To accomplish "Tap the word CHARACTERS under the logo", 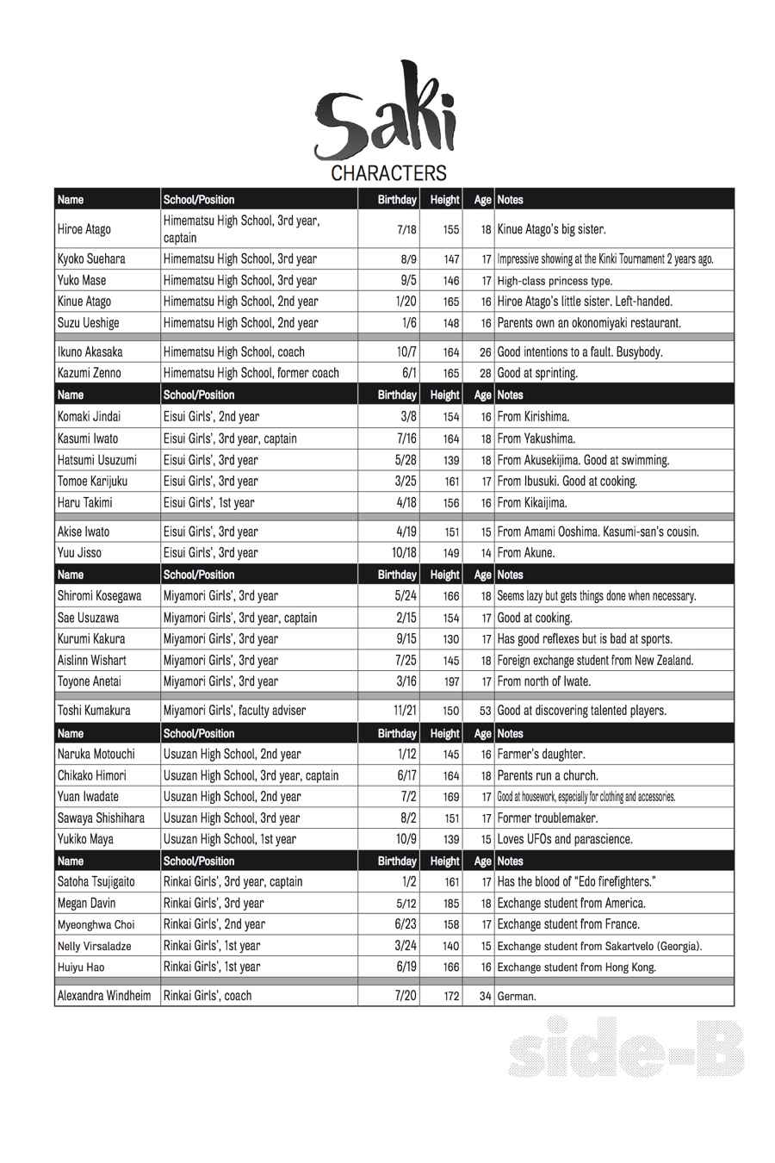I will (389, 173).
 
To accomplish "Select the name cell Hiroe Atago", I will (84, 230).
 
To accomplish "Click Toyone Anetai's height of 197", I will (451, 682).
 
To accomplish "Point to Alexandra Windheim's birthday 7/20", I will (406, 996).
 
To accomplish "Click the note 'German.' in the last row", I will (517, 997).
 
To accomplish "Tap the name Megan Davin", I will (86, 904).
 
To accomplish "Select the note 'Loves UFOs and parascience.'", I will (565, 839).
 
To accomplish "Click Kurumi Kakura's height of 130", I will (451, 640).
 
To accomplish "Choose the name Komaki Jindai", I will (90, 417).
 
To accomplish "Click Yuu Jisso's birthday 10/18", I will (404, 553).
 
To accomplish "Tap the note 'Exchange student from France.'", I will (568, 924).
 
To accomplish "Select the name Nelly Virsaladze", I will (94, 946).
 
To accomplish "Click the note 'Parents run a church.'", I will (548, 775).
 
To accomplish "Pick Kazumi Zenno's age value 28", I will (486, 374).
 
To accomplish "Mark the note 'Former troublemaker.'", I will (548, 818).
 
